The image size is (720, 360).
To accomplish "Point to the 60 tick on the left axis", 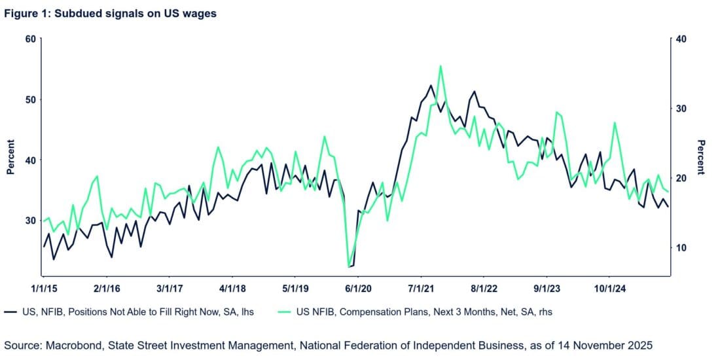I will pyautogui.click(x=29, y=39).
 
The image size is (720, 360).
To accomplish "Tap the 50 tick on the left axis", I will pyautogui.click(x=29, y=99).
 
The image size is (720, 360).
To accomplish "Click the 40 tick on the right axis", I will pyautogui.click(x=680, y=39).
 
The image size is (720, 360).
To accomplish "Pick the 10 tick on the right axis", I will pyautogui.click(x=680, y=247).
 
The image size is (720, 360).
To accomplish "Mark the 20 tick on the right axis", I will pyautogui.click(x=680, y=178).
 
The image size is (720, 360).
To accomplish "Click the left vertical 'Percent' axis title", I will pyautogui.click(x=10, y=158).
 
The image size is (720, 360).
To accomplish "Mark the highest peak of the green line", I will pyautogui.click(x=441, y=65).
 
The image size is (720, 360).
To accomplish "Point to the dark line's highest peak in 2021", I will pyautogui.click(x=431, y=85).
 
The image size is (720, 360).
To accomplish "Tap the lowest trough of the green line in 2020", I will pyautogui.click(x=349, y=266).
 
